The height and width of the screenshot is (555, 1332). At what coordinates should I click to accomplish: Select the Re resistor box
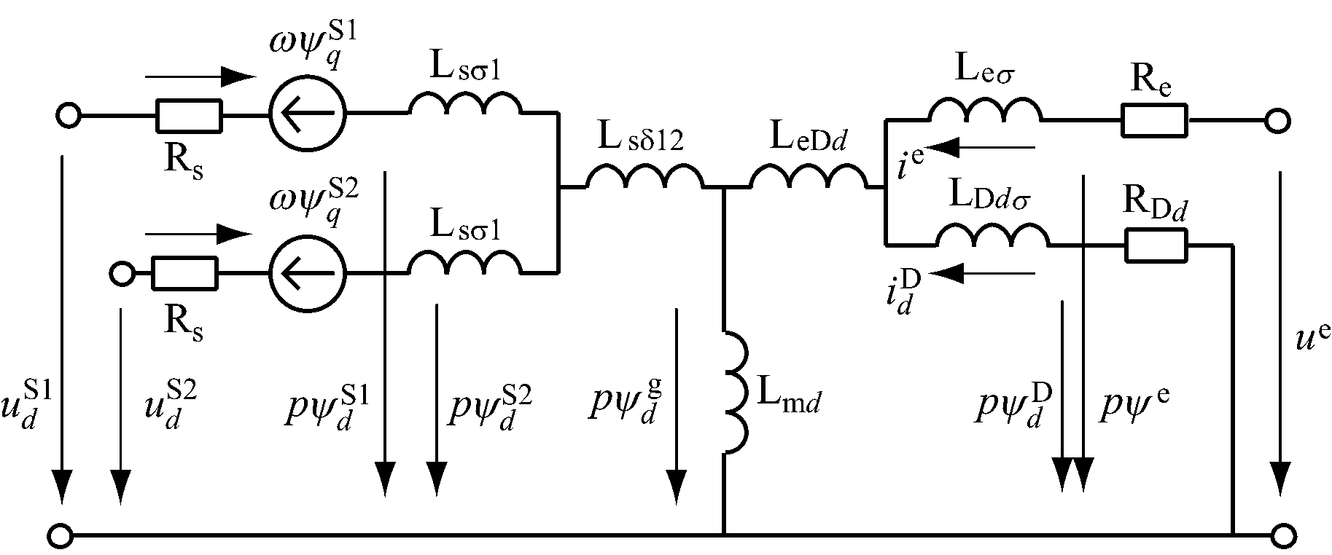(x=1154, y=120)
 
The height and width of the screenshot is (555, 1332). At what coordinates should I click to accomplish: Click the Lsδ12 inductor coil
(x=644, y=177)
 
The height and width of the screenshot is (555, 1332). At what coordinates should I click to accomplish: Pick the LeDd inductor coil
(x=807, y=177)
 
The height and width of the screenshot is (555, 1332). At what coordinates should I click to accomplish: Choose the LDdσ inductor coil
(x=992, y=236)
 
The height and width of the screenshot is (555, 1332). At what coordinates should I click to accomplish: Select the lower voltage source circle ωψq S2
(x=307, y=274)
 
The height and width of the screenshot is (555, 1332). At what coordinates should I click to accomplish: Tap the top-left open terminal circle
(x=69, y=115)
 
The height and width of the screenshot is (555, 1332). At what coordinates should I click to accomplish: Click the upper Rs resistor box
(x=189, y=115)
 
